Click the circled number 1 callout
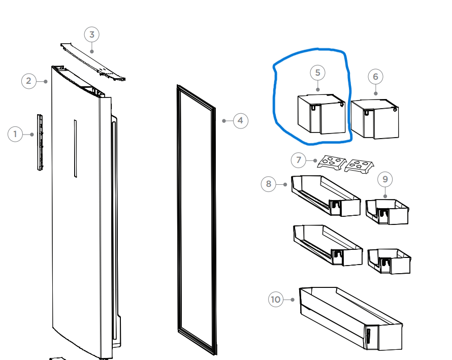point(15,135)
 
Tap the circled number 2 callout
point(29,81)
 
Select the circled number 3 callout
point(91,35)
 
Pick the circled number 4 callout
point(240,121)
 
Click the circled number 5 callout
point(317,73)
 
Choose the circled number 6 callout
point(375,77)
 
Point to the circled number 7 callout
point(298,160)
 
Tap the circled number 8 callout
point(268,184)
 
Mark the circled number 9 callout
point(385,179)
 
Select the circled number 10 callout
point(276,300)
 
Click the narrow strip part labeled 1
point(40,142)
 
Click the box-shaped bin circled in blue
point(321,114)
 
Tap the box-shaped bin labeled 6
point(375,119)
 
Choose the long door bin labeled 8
point(326,195)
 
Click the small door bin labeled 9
point(387,212)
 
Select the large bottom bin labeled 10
point(351,318)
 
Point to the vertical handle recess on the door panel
point(76,148)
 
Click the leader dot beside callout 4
point(224,121)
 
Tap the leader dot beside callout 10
point(293,300)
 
